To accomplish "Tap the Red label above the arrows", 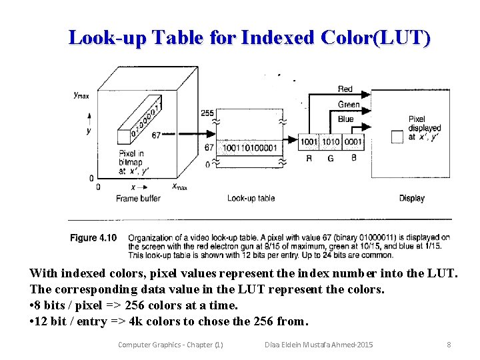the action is point(345,89).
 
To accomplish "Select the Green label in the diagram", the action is point(349,105).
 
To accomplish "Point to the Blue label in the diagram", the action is point(346,119).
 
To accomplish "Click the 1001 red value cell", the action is point(309,142).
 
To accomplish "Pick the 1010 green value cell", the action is point(331,142).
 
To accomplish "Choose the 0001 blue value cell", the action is point(353,142).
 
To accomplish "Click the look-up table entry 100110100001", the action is point(249,148).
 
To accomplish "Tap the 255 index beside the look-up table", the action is point(207,113).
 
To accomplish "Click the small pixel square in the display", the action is point(397,137).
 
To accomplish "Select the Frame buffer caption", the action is point(138,198).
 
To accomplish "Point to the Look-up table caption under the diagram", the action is point(251,198).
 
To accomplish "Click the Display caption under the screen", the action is point(412,198).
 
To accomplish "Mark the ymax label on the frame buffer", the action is point(82,95).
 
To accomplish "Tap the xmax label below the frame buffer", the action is point(179,187).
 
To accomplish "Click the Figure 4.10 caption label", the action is point(93,237).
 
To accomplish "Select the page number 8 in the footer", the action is point(449,344).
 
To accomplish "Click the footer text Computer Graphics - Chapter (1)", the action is point(171,344).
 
